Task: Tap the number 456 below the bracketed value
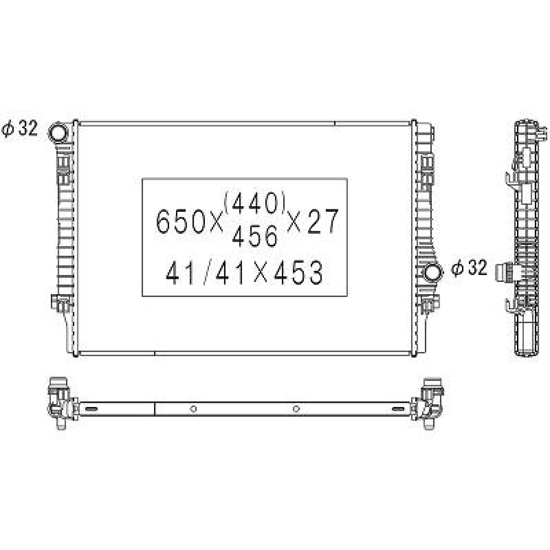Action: (254, 237)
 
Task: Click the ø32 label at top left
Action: (20, 129)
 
